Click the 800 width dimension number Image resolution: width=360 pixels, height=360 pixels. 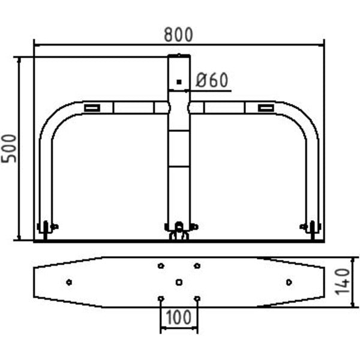point(178,35)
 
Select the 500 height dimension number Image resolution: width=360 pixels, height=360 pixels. point(9,149)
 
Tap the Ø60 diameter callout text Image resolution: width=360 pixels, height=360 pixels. point(212,80)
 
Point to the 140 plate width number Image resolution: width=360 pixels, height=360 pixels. point(343,282)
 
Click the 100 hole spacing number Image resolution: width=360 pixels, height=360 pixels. point(178,317)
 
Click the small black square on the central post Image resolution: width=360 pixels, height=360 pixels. point(179,82)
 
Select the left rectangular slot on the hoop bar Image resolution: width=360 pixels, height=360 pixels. point(92,107)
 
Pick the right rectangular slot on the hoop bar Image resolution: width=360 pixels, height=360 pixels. point(266,107)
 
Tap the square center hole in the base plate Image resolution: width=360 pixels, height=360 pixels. point(179,282)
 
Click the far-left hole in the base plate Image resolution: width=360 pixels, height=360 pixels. point(69,282)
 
